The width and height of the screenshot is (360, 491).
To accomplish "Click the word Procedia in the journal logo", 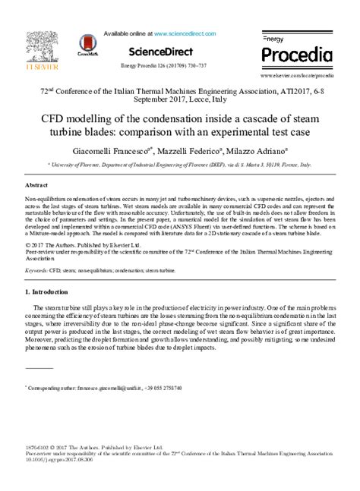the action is tap(297, 54).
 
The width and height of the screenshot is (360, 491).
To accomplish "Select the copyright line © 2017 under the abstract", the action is tap(76, 245).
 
